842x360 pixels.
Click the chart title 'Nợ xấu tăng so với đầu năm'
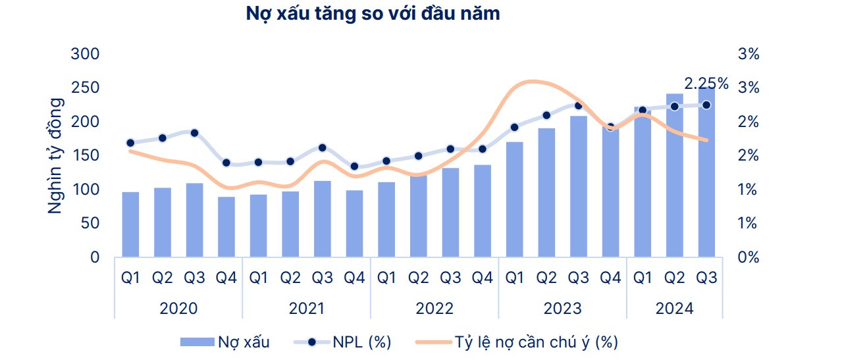[x=373, y=14]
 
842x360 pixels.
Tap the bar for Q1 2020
[x=130, y=224]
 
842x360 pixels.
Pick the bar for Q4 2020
[x=226, y=226]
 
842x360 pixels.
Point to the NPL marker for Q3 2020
[x=194, y=133]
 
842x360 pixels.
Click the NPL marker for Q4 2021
[x=354, y=167]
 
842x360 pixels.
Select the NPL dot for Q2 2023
[x=546, y=115]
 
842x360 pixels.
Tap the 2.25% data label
[x=706, y=84]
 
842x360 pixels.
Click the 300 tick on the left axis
[x=86, y=54]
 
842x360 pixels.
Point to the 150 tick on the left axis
[x=86, y=155]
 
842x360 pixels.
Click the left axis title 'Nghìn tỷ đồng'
[x=57, y=155]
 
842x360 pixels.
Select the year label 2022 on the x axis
[x=434, y=308]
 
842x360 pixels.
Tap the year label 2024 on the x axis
[x=675, y=308]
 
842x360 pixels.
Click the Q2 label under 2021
[x=290, y=278]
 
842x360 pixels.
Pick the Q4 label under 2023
[x=610, y=278]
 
